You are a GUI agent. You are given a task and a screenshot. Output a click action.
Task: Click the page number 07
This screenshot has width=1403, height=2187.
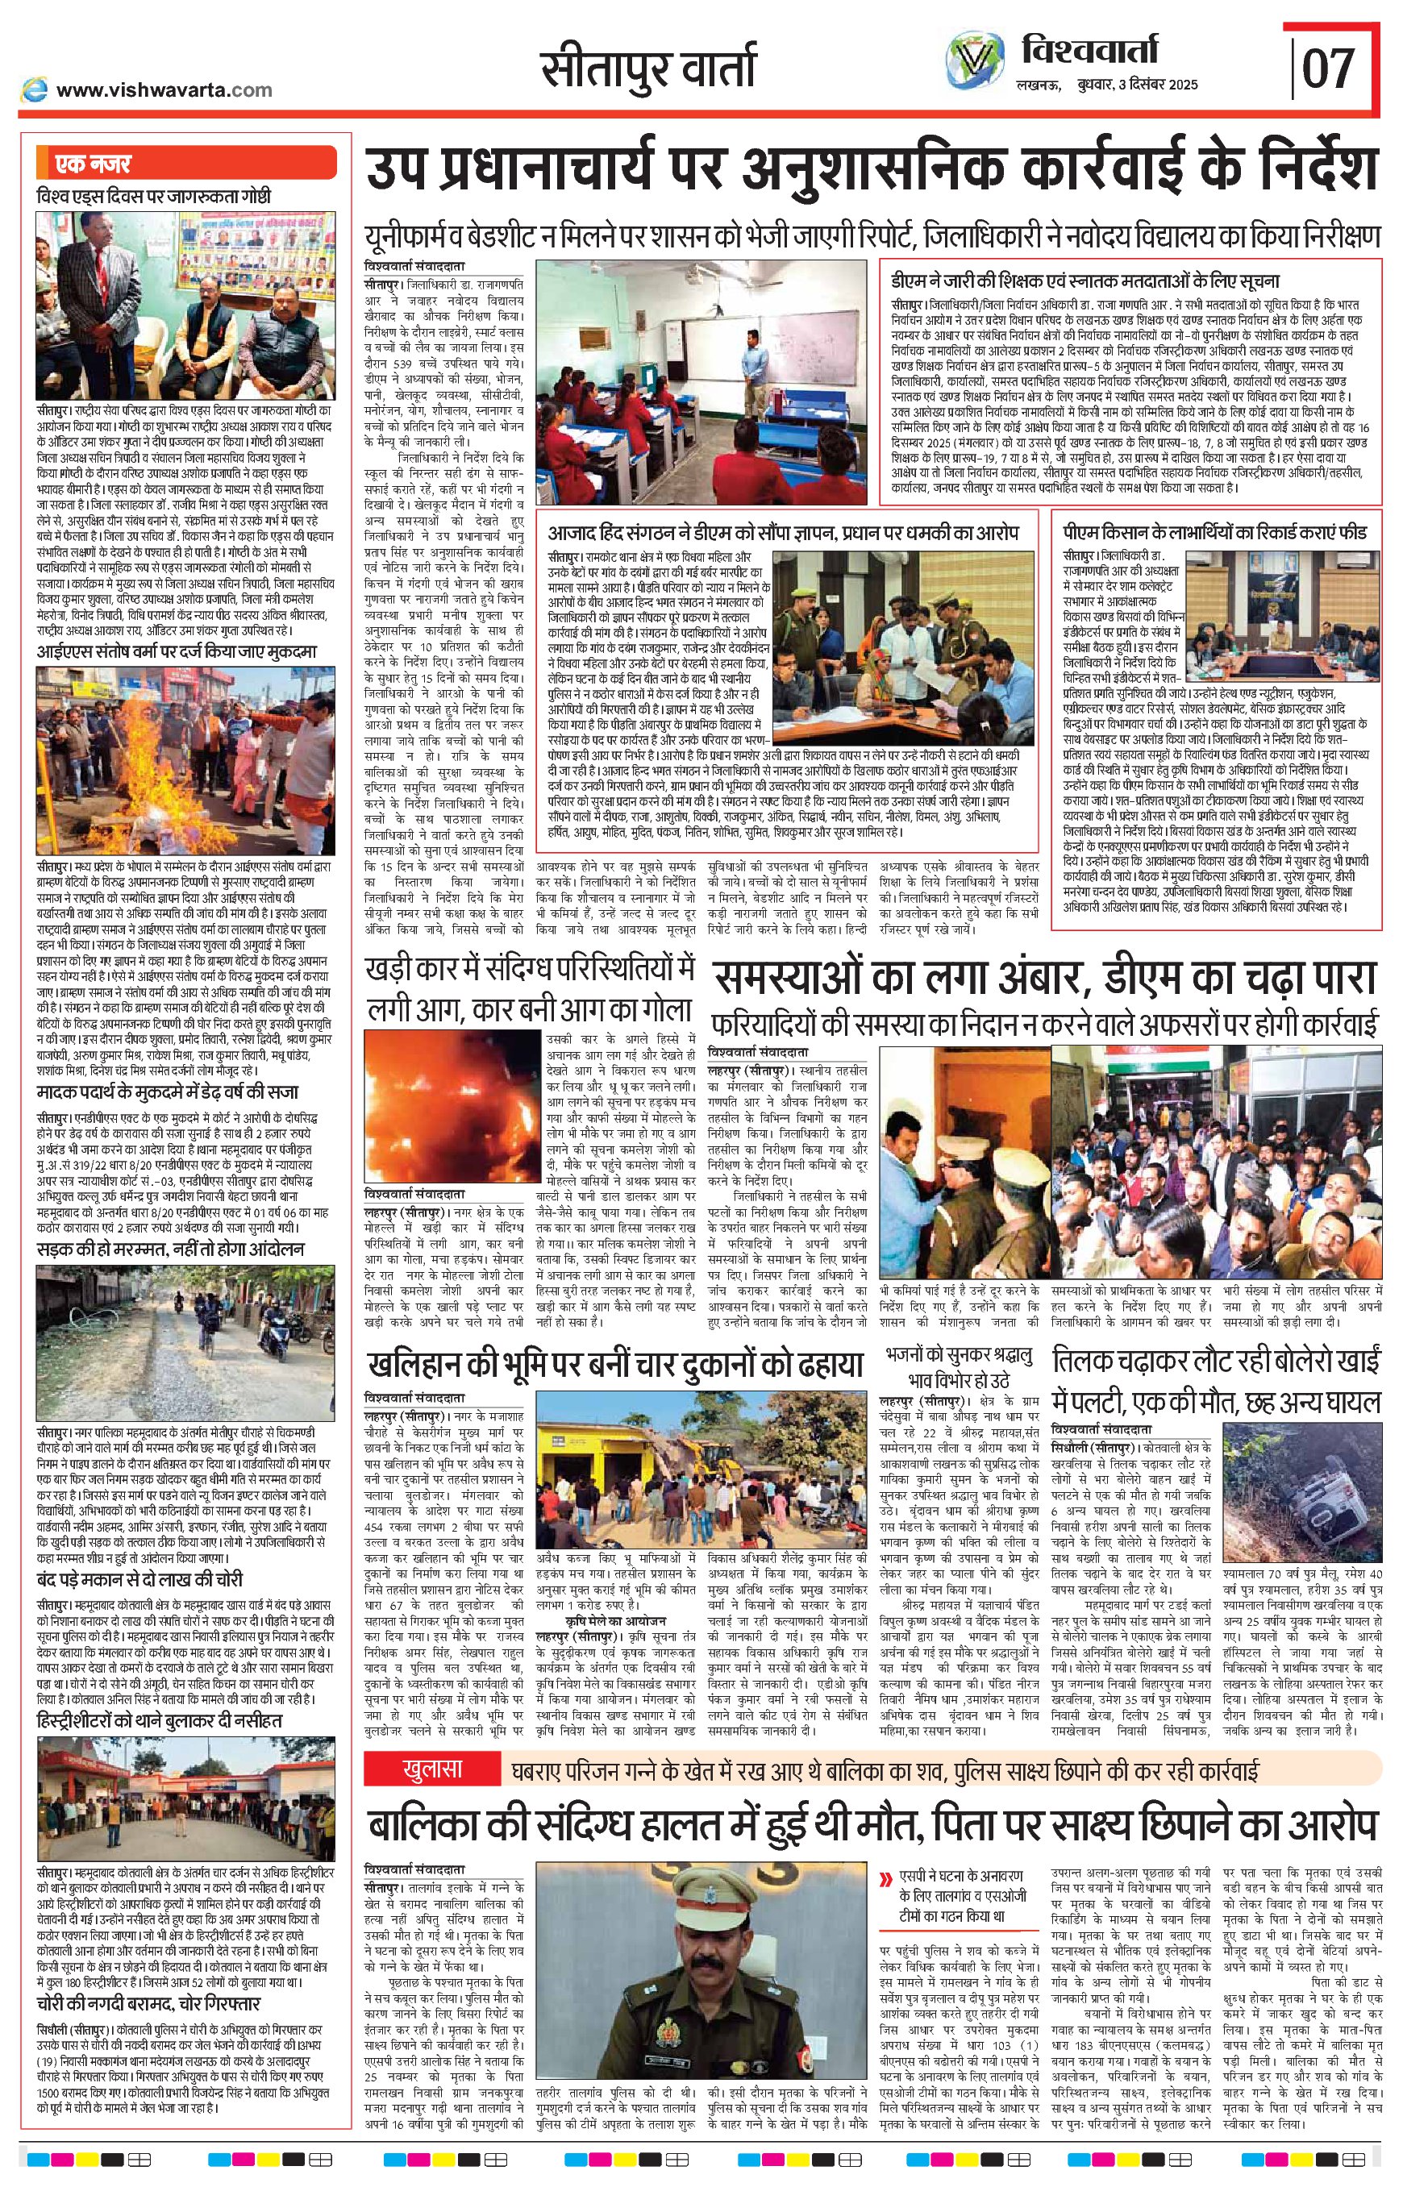pyautogui.click(x=1329, y=69)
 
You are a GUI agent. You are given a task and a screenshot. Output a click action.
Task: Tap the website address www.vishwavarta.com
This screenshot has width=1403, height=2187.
pyautogui.click(x=163, y=89)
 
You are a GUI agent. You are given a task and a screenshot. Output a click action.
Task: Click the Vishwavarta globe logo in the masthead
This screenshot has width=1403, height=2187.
pyautogui.click(x=976, y=61)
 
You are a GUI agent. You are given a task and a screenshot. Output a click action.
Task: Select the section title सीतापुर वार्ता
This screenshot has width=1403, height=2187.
pyautogui.click(x=647, y=69)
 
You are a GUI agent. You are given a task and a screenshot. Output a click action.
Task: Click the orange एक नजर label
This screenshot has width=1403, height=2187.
pyautogui.click(x=93, y=164)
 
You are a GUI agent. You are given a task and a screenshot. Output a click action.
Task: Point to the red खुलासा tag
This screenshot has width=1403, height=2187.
pyautogui.click(x=433, y=1769)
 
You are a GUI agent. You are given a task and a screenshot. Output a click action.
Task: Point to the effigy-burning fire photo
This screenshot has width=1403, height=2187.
pyautogui.click(x=185, y=759)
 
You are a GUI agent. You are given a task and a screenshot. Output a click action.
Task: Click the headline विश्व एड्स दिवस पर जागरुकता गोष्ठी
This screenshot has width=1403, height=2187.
pyautogui.click(x=154, y=196)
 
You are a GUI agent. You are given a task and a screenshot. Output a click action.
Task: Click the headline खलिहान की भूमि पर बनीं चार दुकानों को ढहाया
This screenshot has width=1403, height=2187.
pyautogui.click(x=616, y=1365)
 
